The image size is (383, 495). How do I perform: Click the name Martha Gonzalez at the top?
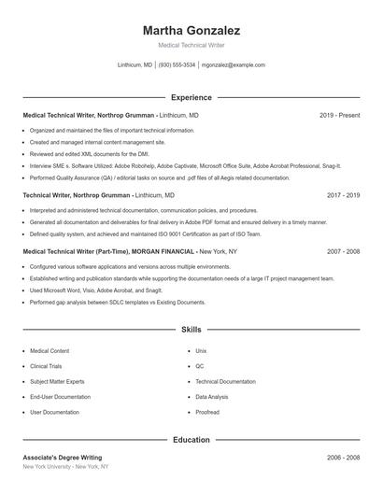tap(191, 30)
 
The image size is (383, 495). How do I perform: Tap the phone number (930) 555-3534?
tap(177, 65)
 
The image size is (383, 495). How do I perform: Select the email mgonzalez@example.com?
tap(234, 65)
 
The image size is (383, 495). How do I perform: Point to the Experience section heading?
tap(191, 97)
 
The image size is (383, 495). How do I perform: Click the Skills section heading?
tap(191, 330)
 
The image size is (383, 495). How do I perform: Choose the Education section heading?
tap(191, 439)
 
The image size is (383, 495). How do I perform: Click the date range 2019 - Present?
tap(339, 115)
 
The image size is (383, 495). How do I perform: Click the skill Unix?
tap(201, 350)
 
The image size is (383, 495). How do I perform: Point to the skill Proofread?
tap(207, 412)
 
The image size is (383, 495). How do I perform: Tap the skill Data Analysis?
tap(213, 397)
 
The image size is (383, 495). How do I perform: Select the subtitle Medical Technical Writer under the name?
tap(191, 45)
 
